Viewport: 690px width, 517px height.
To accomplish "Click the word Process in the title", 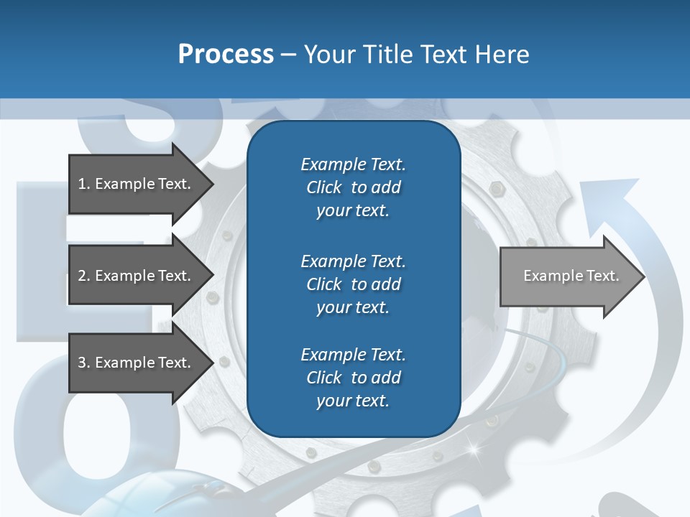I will coord(226,54).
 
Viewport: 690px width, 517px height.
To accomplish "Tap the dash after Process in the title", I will coord(289,55).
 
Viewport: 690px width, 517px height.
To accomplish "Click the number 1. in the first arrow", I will coord(84,184).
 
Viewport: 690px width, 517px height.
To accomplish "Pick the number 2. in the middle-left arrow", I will coord(84,276).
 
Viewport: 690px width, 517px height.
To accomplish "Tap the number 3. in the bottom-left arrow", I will coord(84,363).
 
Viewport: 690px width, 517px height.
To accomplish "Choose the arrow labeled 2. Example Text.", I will coord(137,276).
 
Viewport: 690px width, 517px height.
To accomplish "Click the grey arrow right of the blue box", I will coord(568,276).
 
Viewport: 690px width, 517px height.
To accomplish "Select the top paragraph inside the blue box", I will coord(353,187).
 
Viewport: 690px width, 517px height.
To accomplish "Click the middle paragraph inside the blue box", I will coord(353,284).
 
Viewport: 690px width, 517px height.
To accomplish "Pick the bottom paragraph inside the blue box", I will coord(353,378).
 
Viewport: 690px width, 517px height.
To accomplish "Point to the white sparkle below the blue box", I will coord(473,450).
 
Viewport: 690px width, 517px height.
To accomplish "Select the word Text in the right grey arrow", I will coord(602,276).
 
